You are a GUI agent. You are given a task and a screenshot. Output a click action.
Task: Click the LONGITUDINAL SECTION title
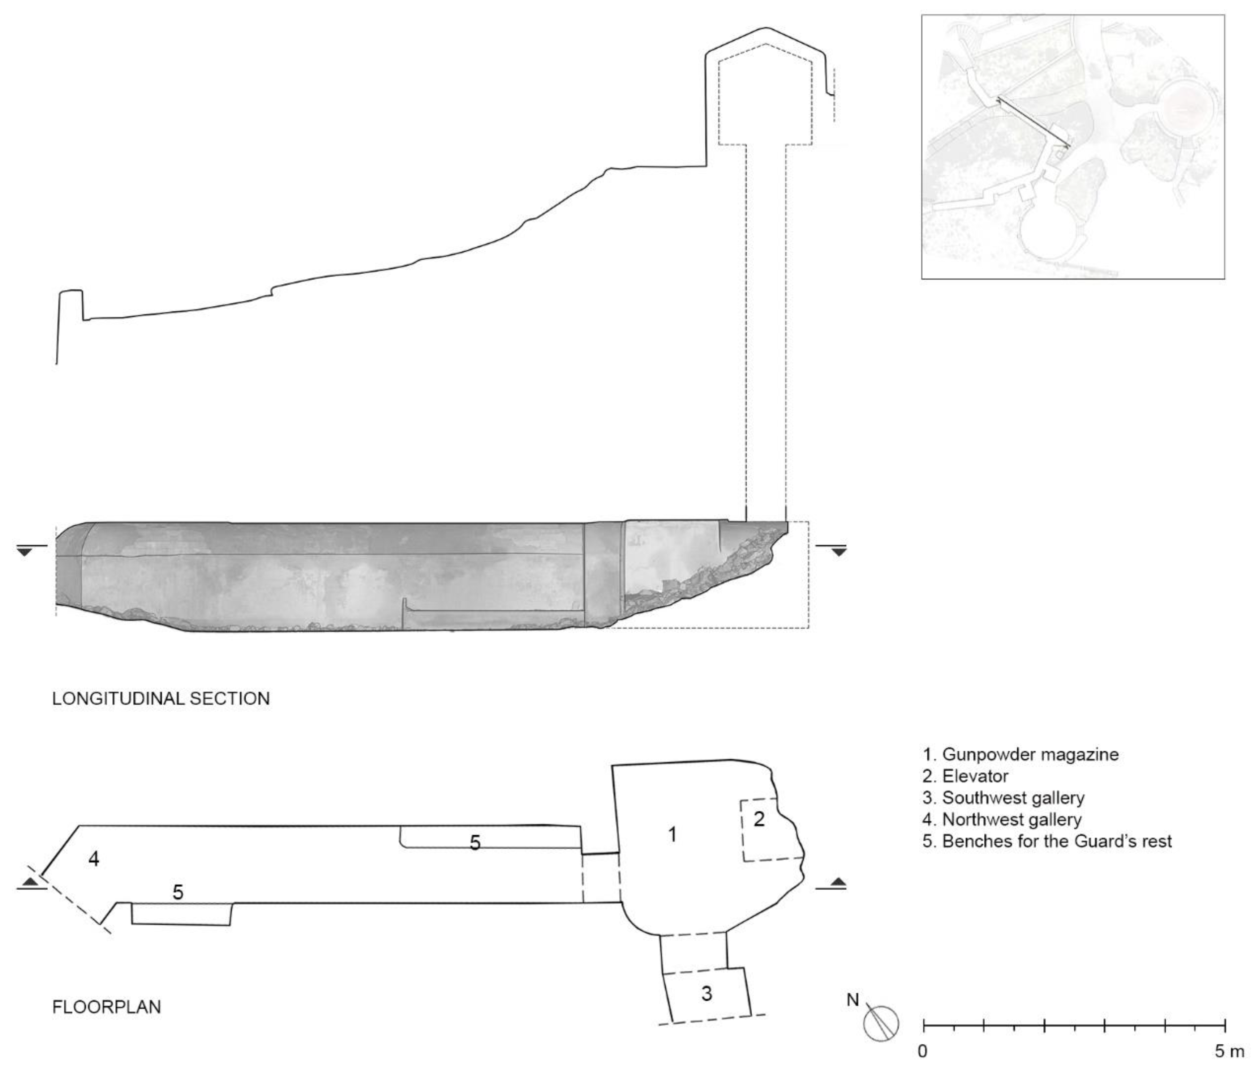(161, 699)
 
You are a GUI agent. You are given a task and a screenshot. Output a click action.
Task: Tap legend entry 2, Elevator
(966, 776)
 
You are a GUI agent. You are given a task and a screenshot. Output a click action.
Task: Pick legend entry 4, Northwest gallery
(1002, 820)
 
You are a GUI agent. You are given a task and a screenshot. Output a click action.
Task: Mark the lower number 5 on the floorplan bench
(178, 892)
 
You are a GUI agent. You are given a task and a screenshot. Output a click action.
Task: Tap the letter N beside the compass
(853, 1000)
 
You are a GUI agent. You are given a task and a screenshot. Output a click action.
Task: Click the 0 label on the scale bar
(922, 1052)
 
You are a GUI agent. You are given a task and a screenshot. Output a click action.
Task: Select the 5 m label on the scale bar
(1229, 1052)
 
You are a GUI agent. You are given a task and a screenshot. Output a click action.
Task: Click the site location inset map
(1073, 147)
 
